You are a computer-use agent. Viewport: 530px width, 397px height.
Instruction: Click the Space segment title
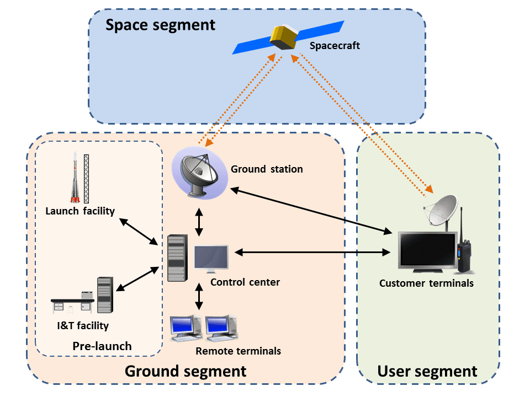[x=160, y=25]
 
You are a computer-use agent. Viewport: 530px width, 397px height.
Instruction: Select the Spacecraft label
[x=335, y=46]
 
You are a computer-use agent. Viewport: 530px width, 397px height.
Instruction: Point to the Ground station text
[x=267, y=169]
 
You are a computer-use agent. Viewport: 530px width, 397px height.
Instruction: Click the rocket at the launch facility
[x=75, y=179]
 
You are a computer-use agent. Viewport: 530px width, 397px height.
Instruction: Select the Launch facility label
[x=80, y=211]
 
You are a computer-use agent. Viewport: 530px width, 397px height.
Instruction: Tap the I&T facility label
[x=83, y=325]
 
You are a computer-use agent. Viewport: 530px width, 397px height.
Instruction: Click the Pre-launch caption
[x=102, y=346]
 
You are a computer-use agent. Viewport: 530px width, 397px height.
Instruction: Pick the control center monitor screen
[x=211, y=258]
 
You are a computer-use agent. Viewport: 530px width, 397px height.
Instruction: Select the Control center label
[x=245, y=282]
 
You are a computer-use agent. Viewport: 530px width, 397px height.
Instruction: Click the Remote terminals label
[x=238, y=351]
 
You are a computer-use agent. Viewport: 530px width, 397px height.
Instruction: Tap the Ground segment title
[x=185, y=371]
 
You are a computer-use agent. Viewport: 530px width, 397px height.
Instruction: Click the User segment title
[x=427, y=371]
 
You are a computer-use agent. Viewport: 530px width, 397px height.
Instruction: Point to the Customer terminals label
[x=426, y=283]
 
